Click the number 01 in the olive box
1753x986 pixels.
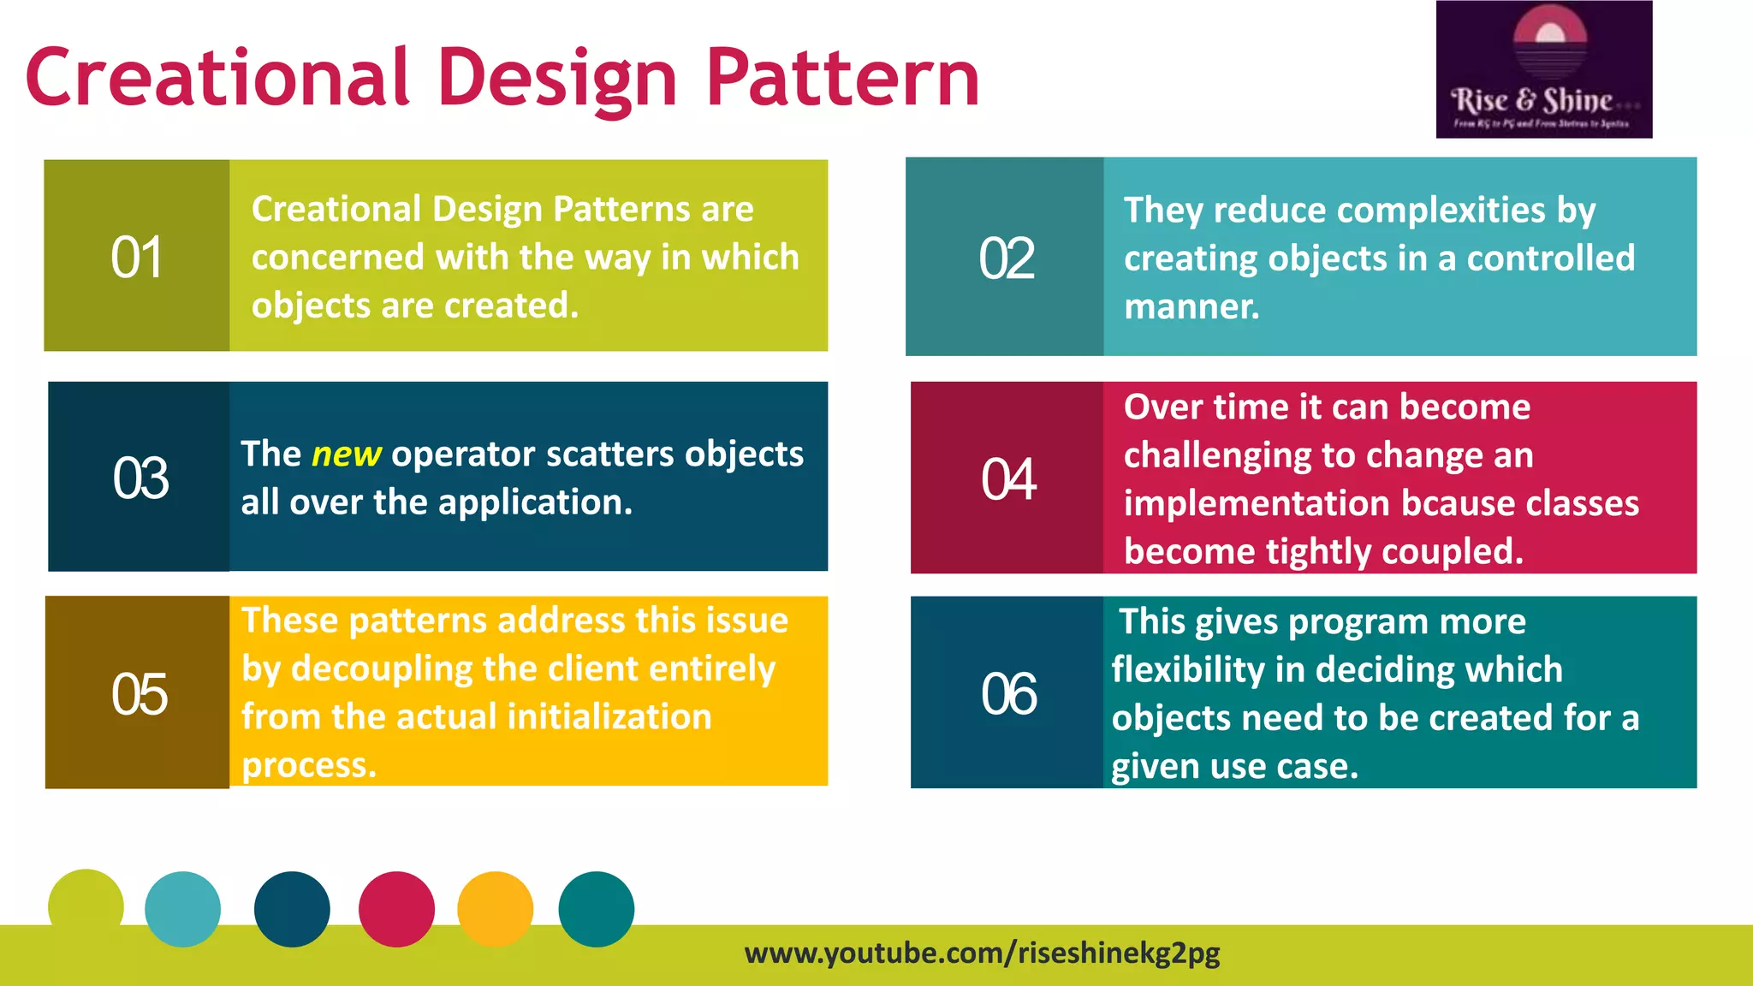(136, 257)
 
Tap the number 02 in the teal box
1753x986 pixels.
(1007, 258)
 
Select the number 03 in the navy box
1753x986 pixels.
(140, 478)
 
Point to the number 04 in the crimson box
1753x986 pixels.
(1008, 478)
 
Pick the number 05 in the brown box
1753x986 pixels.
(139, 693)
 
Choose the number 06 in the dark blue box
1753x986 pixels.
(1008, 693)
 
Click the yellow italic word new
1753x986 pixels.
(346, 454)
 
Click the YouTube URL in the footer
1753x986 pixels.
(982, 953)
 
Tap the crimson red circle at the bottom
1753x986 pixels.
(396, 909)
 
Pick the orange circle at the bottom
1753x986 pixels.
(495, 909)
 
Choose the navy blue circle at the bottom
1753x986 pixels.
(292, 909)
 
